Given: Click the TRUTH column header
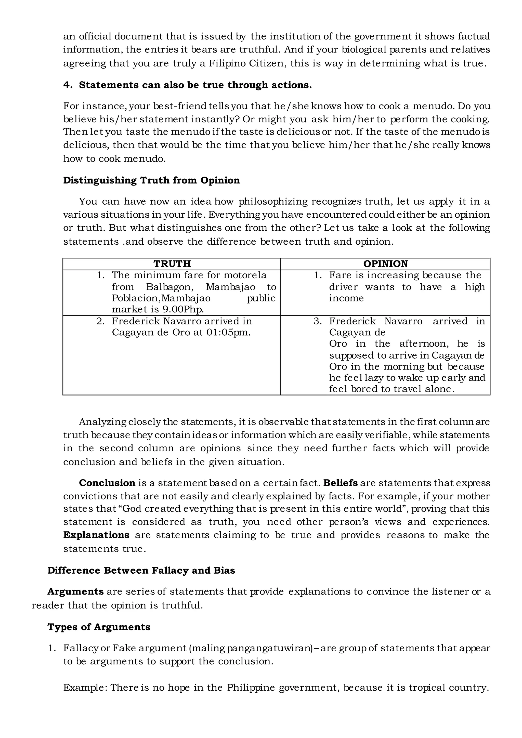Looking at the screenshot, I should pos(172,264).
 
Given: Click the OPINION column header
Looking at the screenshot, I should pos(385,264).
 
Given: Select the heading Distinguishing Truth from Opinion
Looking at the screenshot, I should pos(151,180).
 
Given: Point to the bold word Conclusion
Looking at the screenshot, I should pos(107,483).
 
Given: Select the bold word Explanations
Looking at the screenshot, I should pos(96,535).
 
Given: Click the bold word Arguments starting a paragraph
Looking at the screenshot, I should pos(75,592).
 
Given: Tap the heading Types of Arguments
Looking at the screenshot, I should pos(99,627).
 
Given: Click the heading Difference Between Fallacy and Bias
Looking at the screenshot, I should pos(141,571).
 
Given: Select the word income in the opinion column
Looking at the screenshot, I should pos(346,298).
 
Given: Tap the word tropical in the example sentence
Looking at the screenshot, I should pos(426,688).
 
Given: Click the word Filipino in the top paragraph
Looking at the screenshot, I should pos(227,63).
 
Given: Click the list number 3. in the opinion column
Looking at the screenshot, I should pos(318,321).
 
